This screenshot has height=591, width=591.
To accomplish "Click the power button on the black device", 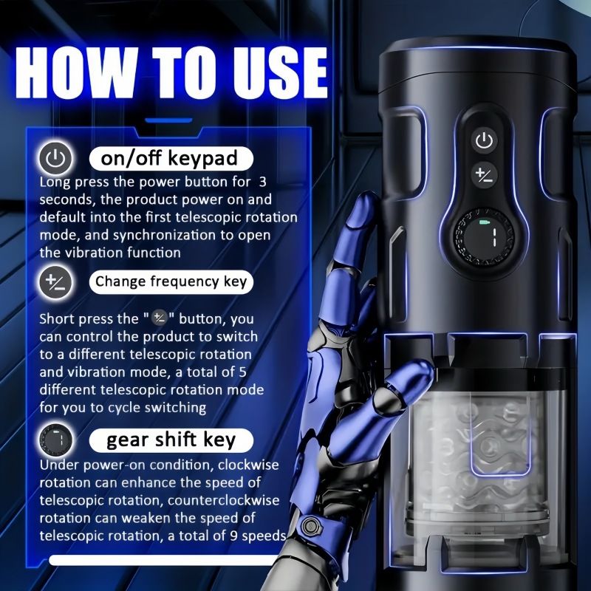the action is tap(484, 140).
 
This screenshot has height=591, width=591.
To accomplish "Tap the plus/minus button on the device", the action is tap(484, 175).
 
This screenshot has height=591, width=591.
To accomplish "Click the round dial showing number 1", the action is tap(484, 236).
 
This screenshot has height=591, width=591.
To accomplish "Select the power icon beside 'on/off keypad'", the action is tap(56, 158).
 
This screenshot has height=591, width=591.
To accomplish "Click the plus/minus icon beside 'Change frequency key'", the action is tap(56, 282).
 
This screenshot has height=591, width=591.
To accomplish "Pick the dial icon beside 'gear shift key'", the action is tap(56, 440).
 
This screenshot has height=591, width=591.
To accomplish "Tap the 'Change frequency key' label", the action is tap(171, 282).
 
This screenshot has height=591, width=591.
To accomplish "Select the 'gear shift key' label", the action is tap(171, 440).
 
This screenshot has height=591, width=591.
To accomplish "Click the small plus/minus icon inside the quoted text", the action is tap(160, 319).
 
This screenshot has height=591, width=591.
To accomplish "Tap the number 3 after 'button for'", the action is tap(263, 182).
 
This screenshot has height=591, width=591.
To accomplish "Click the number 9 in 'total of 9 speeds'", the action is tap(234, 536).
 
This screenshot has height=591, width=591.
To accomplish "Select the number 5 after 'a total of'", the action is tap(242, 372).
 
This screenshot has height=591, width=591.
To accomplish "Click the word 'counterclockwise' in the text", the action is tap(224, 501).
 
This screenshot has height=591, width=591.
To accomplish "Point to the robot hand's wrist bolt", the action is tap(310, 525).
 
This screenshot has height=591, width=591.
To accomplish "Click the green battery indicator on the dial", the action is tap(484, 222).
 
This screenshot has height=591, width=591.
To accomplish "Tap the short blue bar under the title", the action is tap(169, 120).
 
